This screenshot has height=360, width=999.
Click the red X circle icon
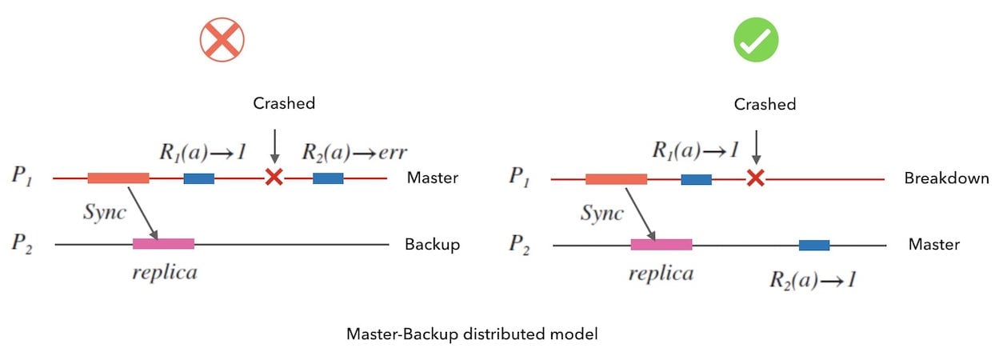point(222,40)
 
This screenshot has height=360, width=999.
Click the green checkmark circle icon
point(756,40)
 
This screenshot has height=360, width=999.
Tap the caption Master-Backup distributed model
point(472,334)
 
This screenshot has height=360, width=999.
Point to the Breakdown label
point(947,178)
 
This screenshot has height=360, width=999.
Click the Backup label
point(433,244)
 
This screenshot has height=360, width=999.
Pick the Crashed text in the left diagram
point(284,103)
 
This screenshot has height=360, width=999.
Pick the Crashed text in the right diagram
point(765,104)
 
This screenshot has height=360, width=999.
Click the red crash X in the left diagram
point(274,178)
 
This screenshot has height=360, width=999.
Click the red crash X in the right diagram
point(755,178)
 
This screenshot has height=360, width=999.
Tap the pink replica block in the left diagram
point(163,243)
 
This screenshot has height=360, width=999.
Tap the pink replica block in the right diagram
point(661,244)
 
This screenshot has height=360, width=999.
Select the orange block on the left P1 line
point(118,178)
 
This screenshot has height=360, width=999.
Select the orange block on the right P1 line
point(616,178)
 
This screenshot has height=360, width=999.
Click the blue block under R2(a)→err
point(328,178)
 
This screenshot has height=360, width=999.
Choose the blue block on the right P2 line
point(813,245)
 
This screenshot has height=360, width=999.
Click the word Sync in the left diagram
point(105,213)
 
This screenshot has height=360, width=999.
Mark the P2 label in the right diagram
point(519,244)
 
